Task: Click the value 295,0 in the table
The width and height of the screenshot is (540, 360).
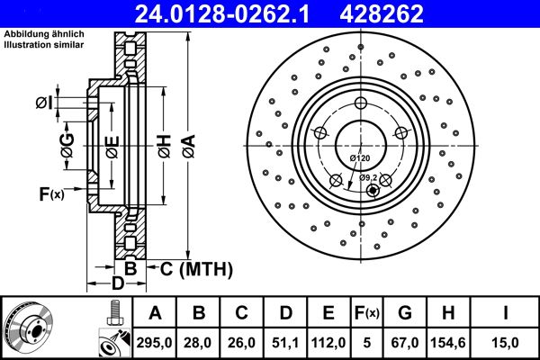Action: (155, 341)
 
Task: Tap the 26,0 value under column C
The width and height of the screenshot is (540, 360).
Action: (242, 341)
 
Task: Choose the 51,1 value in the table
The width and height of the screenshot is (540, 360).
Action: (285, 341)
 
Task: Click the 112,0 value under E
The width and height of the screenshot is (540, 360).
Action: (328, 341)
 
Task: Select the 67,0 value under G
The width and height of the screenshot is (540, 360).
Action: (404, 341)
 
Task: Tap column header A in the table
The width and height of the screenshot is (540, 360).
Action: (155, 313)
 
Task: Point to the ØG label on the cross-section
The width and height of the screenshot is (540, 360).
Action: (67, 141)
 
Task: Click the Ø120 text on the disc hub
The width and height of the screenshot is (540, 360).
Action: (359, 158)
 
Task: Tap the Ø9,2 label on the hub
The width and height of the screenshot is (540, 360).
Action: (368, 176)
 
